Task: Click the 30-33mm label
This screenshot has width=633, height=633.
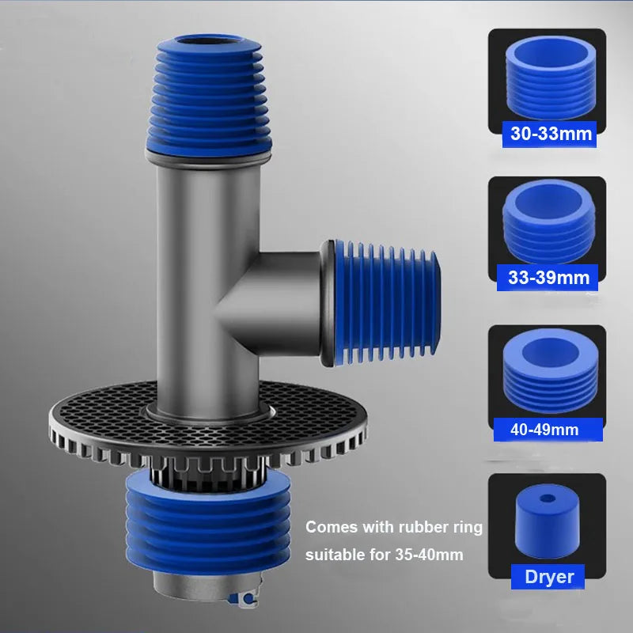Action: tap(552, 134)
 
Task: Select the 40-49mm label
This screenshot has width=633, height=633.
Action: tap(544, 430)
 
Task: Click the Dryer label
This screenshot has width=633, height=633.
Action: tap(549, 577)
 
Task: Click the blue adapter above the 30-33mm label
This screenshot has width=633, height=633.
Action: tap(547, 79)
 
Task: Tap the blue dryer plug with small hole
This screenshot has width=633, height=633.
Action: tap(547, 522)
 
